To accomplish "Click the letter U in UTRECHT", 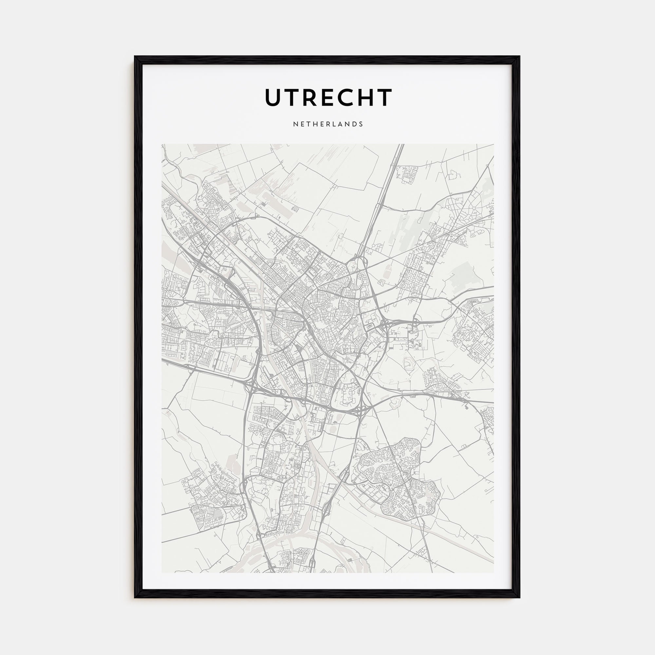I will click(x=273, y=98).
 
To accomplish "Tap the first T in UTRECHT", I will click(x=292, y=98).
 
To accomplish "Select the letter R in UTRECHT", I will click(x=309, y=98).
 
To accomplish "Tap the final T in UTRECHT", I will click(x=384, y=98).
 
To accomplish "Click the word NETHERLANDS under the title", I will click(x=328, y=124).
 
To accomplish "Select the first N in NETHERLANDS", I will click(x=295, y=124).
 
